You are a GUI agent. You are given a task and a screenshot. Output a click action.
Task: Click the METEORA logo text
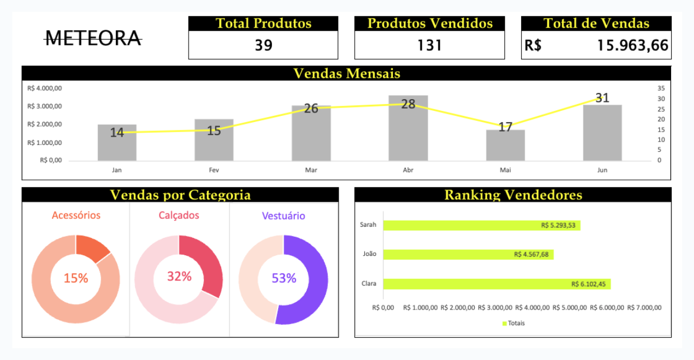click(x=93, y=38)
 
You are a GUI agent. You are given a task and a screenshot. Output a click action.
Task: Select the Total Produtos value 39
click(x=263, y=45)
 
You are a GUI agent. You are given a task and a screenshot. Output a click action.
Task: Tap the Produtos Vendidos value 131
click(x=429, y=45)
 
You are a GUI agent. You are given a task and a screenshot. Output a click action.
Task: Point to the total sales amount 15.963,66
click(x=632, y=45)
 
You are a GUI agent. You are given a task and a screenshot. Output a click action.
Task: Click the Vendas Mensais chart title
click(x=346, y=73)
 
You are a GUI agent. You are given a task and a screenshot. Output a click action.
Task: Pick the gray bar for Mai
click(x=505, y=147)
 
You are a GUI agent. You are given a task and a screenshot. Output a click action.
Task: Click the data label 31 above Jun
click(x=602, y=98)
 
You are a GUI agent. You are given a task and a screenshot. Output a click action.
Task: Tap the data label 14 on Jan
click(x=117, y=133)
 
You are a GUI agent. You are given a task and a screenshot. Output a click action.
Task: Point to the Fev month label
click(x=214, y=170)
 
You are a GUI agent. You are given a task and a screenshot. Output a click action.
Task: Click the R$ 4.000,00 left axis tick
click(x=44, y=88)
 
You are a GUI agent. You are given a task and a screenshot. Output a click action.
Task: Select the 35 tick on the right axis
click(x=660, y=88)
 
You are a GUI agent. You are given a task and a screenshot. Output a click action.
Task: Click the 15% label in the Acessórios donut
click(x=76, y=278)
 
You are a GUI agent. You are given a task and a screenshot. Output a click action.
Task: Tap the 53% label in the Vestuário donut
click(x=284, y=278)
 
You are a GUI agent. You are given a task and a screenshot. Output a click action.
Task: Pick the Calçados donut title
click(x=179, y=216)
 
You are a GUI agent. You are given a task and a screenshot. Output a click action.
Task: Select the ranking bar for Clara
click(x=496, y=284)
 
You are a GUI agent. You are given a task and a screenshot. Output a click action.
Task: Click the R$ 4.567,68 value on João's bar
click(x=531, y=254)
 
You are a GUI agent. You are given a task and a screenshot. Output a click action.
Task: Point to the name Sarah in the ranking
click(x=368, y=225)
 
